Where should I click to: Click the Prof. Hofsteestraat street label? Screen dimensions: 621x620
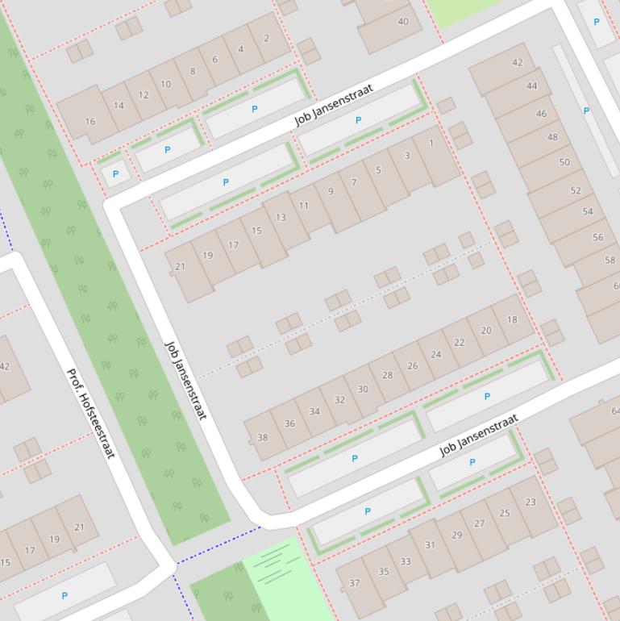(x=90, y=414)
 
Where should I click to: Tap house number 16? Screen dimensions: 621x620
(x=89, y=122)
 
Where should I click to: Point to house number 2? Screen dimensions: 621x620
(x=266, y=38)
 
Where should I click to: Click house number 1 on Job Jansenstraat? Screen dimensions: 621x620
(x=431, y=144)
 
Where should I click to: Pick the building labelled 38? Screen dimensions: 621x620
(x=262, y=438)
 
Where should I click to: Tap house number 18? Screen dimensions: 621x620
(x=512, y=319)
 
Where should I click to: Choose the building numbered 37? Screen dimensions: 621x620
(x=354, y=583)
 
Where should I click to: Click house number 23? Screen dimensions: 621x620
(x=530, y=502)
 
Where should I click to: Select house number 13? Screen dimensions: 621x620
(x=281, y=217)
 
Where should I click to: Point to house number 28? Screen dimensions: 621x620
(x=388, y=375)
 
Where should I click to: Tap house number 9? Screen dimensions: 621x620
(x=330, y=192)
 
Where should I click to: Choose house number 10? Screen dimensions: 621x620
(x=165, y=84)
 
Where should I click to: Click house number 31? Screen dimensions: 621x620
(x=430, y=545)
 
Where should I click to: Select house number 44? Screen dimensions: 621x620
(x=531, y=85)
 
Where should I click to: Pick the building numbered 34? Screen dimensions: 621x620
(x=314, y=411)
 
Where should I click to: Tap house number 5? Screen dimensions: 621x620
(x=378, y=170)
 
